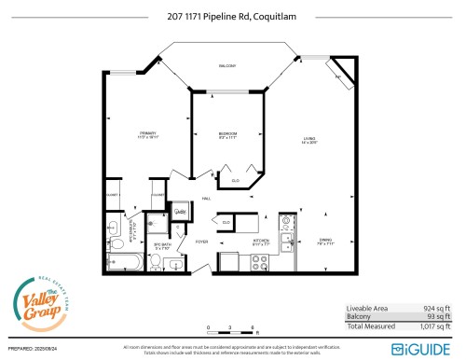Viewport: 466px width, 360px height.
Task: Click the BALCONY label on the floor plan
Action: click(x=226, y=66)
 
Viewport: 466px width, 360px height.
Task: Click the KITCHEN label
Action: click(x=261, y=241)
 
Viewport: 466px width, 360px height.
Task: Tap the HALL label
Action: click(x=207, y=200)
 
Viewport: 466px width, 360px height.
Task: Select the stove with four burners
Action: click(x=227, y=261)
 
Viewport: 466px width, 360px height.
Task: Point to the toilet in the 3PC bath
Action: click(x=156, y=263)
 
